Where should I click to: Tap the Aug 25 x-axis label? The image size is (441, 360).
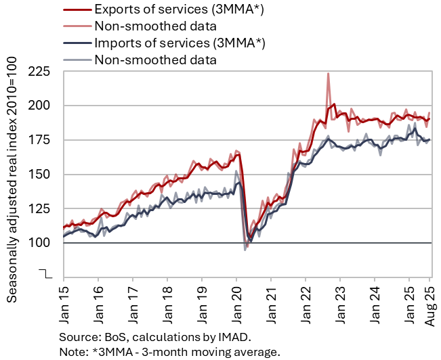click(429, 298)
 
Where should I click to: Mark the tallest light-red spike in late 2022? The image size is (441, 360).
click(329, 74)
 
